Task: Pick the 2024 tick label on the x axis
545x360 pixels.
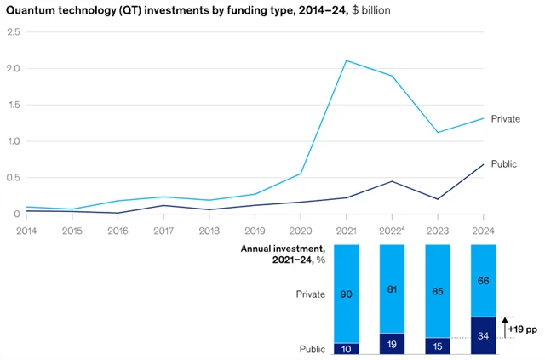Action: (x=484, y=231)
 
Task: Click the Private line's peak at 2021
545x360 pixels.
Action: (x=347, y=60)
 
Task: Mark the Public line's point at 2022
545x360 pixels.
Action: (x=392, y=181)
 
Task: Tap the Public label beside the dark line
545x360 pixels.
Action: (x=506, y=163)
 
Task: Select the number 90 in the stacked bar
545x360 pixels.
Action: (x=347, y=294)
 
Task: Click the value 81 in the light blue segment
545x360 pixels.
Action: (x=392, y=289)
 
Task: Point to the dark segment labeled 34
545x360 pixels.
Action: (x=484, y=335)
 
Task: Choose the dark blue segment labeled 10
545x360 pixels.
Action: (x=347, y=349)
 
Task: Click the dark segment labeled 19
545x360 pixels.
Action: (x=392, y=345)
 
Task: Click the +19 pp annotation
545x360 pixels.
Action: (x=522, y=329)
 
